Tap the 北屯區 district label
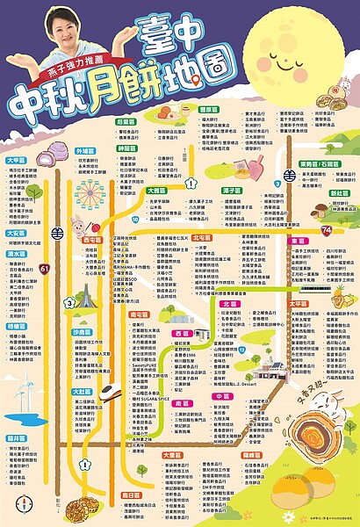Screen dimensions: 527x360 tap(201, 237)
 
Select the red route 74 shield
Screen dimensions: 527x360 tap(326, 229)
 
